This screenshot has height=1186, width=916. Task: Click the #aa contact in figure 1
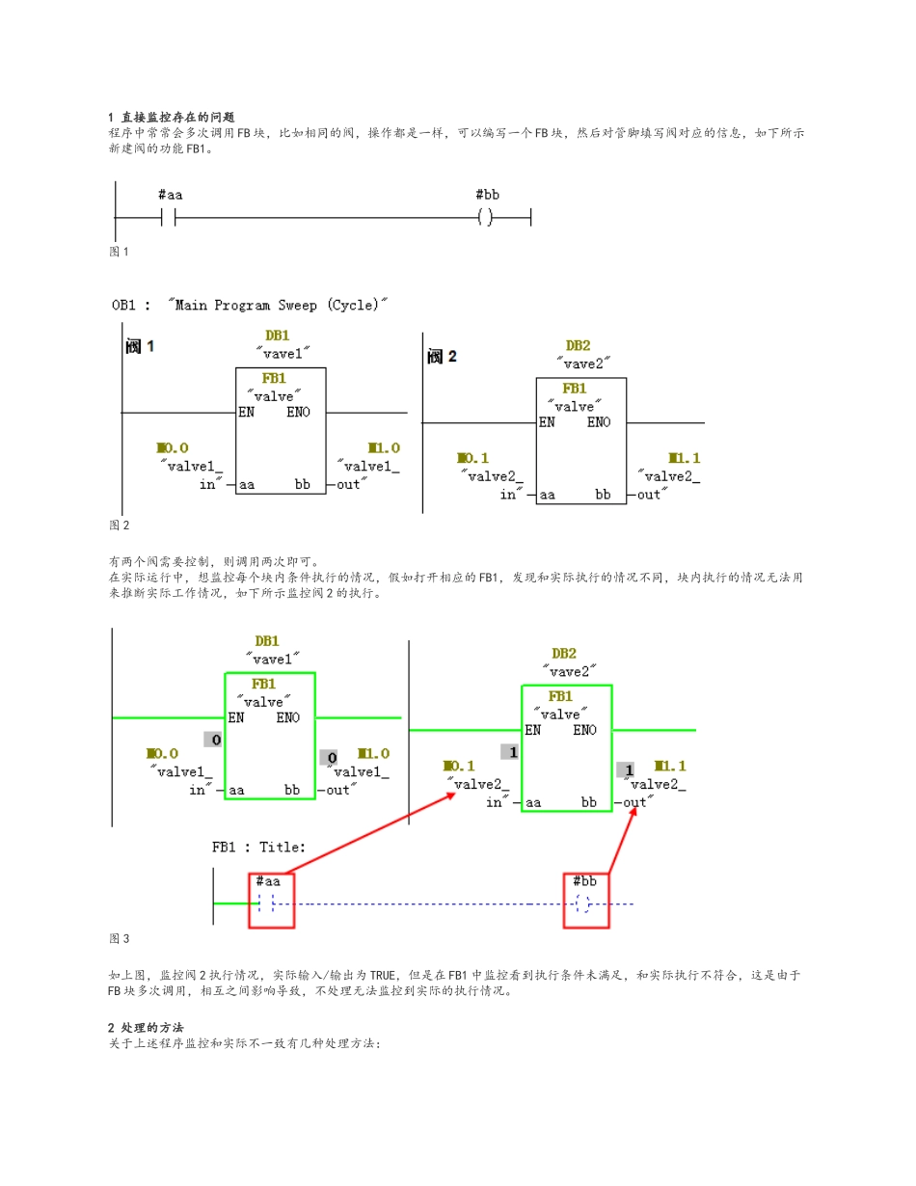pyautogui.click(x=170, y=218)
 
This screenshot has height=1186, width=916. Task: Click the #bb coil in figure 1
pyautogui.click(x=486, y=218)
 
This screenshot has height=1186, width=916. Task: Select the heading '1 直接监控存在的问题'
pyautogui.click(x=172, y=117)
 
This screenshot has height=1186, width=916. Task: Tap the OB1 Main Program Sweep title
pyautogui.click(x=249, y=305)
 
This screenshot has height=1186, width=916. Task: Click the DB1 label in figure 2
pyautogui.click(x=277, y=337)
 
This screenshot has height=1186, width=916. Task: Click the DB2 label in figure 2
pyautogui.click(x=579, y=345)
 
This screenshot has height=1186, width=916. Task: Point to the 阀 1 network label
pyautogui.click(x=140, y=346)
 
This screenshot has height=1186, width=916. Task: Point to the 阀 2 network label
pyautogui.click(x=442, y=357)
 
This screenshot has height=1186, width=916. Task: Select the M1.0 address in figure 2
pyautogui.click(x=384, y=448)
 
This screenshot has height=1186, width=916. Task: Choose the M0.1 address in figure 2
pyautogui.click(x=472, y=458)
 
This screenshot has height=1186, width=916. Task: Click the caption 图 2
pyautogui.click(x=119, y=526)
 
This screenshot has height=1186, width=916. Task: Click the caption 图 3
pyautogui.click(x=119, y=938)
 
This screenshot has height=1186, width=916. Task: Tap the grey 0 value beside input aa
pyautogui.click(x=215, y=740)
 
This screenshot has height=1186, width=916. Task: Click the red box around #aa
pyautogui.click(x=271, y=901)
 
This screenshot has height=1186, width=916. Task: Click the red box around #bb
pyautogui.click(x=586, y=901)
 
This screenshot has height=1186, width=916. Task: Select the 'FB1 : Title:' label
pyautogui.click(x=258, y=848)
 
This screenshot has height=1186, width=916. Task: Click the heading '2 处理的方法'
pyautogui.click(x=146, y=1028)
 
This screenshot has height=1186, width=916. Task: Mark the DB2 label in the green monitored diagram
pyautogui.click(x=564, y=653)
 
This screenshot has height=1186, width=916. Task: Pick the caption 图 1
pyautogui.click(x=119, y=252)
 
